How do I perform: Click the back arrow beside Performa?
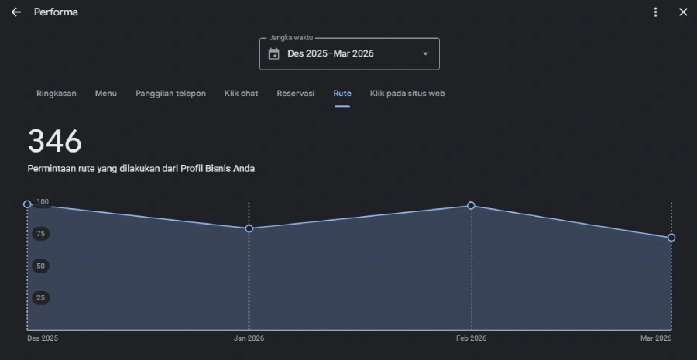click(16, 12)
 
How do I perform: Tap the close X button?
click(683, 12)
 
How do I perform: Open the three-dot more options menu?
click(655, 12)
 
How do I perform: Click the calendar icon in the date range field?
click(274, 53)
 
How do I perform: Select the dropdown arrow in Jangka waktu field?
click(425, 53)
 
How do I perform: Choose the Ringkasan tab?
click(57, 94)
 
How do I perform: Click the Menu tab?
click(106, 94)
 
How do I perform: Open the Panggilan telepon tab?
click(170, 94)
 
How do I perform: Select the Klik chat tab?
click(242, 94)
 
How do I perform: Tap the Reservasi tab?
click(296, 94)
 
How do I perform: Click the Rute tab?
click(342, 94)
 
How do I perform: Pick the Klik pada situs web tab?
click(407, 94)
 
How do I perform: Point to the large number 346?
click(55, 142)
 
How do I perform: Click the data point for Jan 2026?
click(249, 228)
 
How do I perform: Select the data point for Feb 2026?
click(471, 205)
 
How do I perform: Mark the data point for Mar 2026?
click(671, 238)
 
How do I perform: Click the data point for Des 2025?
click(27, 204)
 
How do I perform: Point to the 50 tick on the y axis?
click(41, 266)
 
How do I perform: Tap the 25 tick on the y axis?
click(41, 298)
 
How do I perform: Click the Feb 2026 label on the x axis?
click(471, 338)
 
